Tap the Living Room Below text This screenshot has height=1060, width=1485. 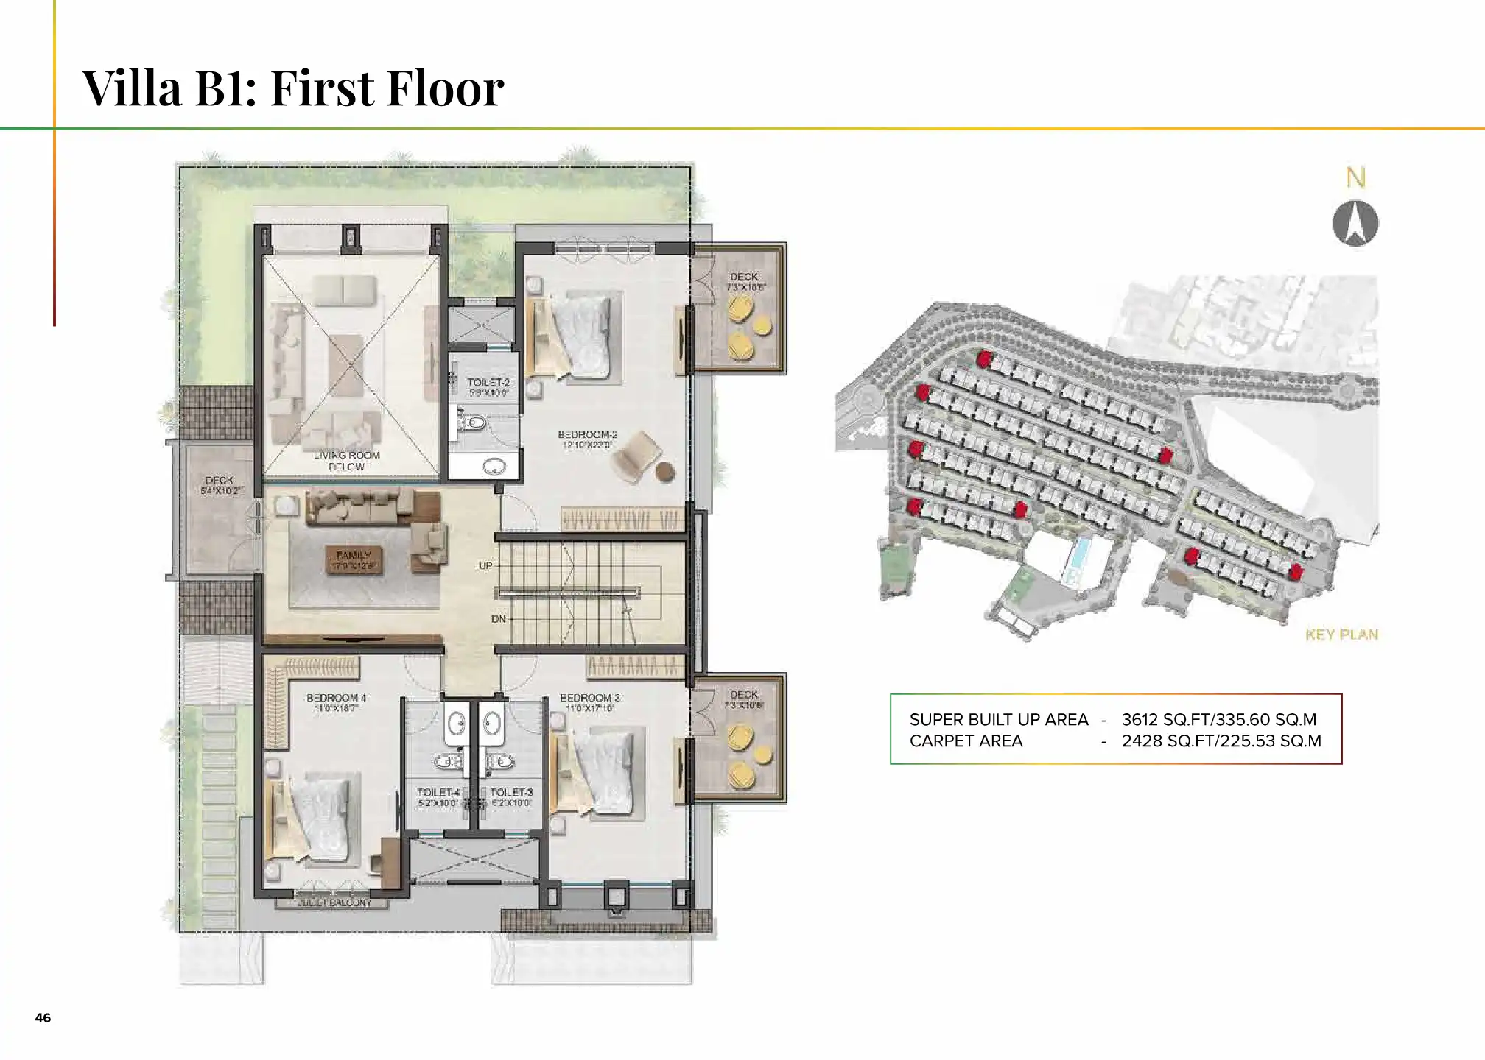346,461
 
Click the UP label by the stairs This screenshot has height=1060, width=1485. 485,565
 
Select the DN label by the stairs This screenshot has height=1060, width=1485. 499,619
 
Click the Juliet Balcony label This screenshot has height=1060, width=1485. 334,902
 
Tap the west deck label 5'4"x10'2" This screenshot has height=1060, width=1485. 220,485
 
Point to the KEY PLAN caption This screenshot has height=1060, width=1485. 1341,635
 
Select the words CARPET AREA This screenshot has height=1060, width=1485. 966,741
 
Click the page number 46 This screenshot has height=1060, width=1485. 43,1017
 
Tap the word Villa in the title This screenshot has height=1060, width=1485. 132,87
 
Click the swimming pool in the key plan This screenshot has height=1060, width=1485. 1079,557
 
